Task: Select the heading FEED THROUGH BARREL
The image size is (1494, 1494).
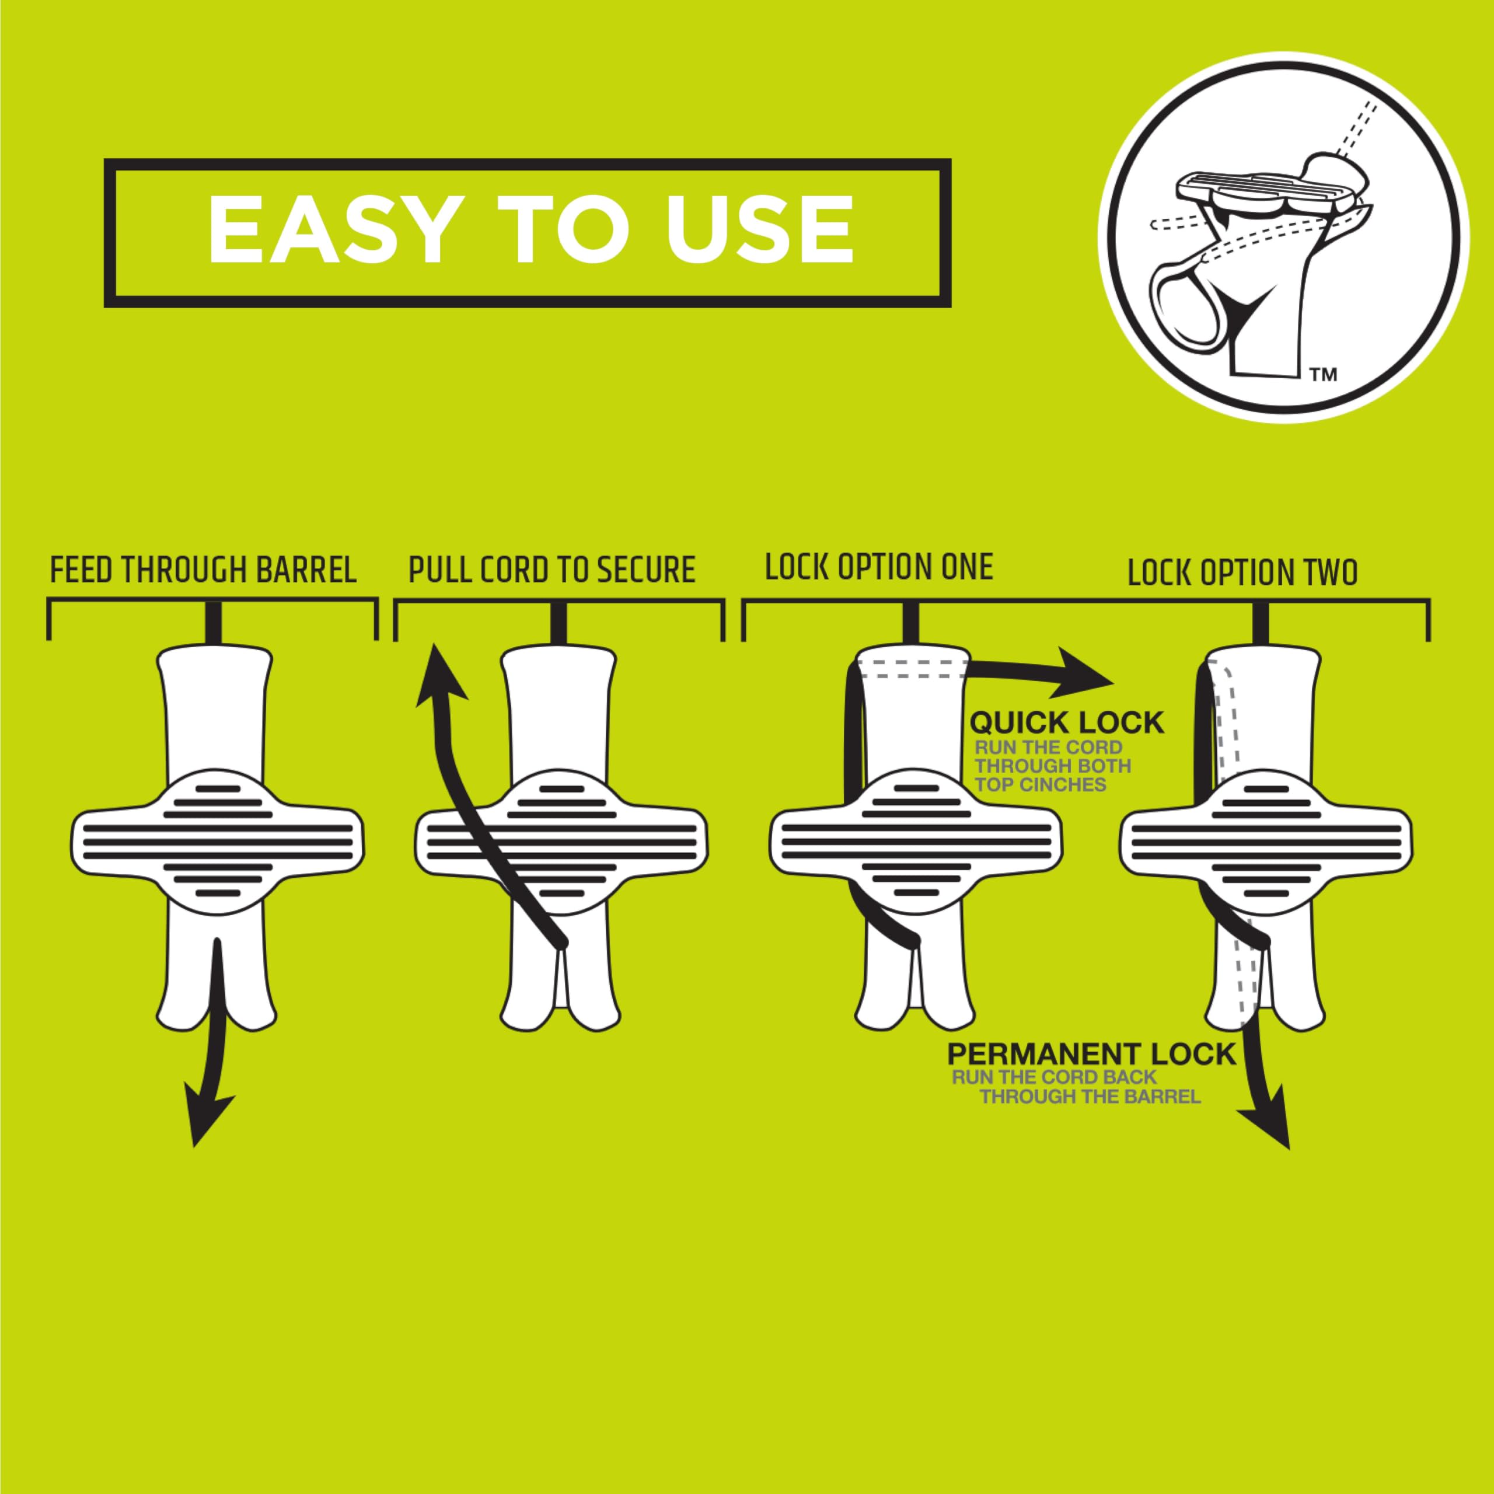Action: coord(203,570)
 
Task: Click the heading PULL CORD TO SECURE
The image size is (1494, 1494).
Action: coord(551,570)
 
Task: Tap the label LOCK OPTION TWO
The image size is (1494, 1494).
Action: coord(1242,573)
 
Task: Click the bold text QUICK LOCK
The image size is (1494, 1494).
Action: coord(1066,723)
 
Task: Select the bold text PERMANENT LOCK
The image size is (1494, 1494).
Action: coord(1091,1054)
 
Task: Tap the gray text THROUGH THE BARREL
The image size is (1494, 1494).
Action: coord(1090,1097)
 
